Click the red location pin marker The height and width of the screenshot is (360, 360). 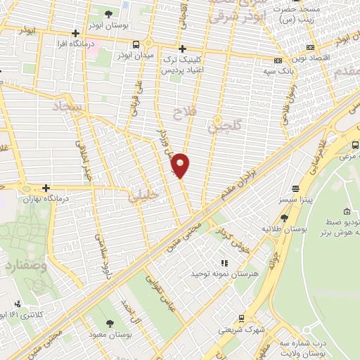pos(181,165)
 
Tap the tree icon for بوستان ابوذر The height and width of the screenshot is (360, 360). pos(108,13)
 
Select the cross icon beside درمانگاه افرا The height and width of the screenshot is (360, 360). pos(75,33)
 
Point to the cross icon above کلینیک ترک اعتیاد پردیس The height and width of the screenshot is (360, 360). pos(182,49)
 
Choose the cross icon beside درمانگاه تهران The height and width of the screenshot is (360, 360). pos(46,188)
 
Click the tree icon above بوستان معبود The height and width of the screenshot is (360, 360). pos(109,323)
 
